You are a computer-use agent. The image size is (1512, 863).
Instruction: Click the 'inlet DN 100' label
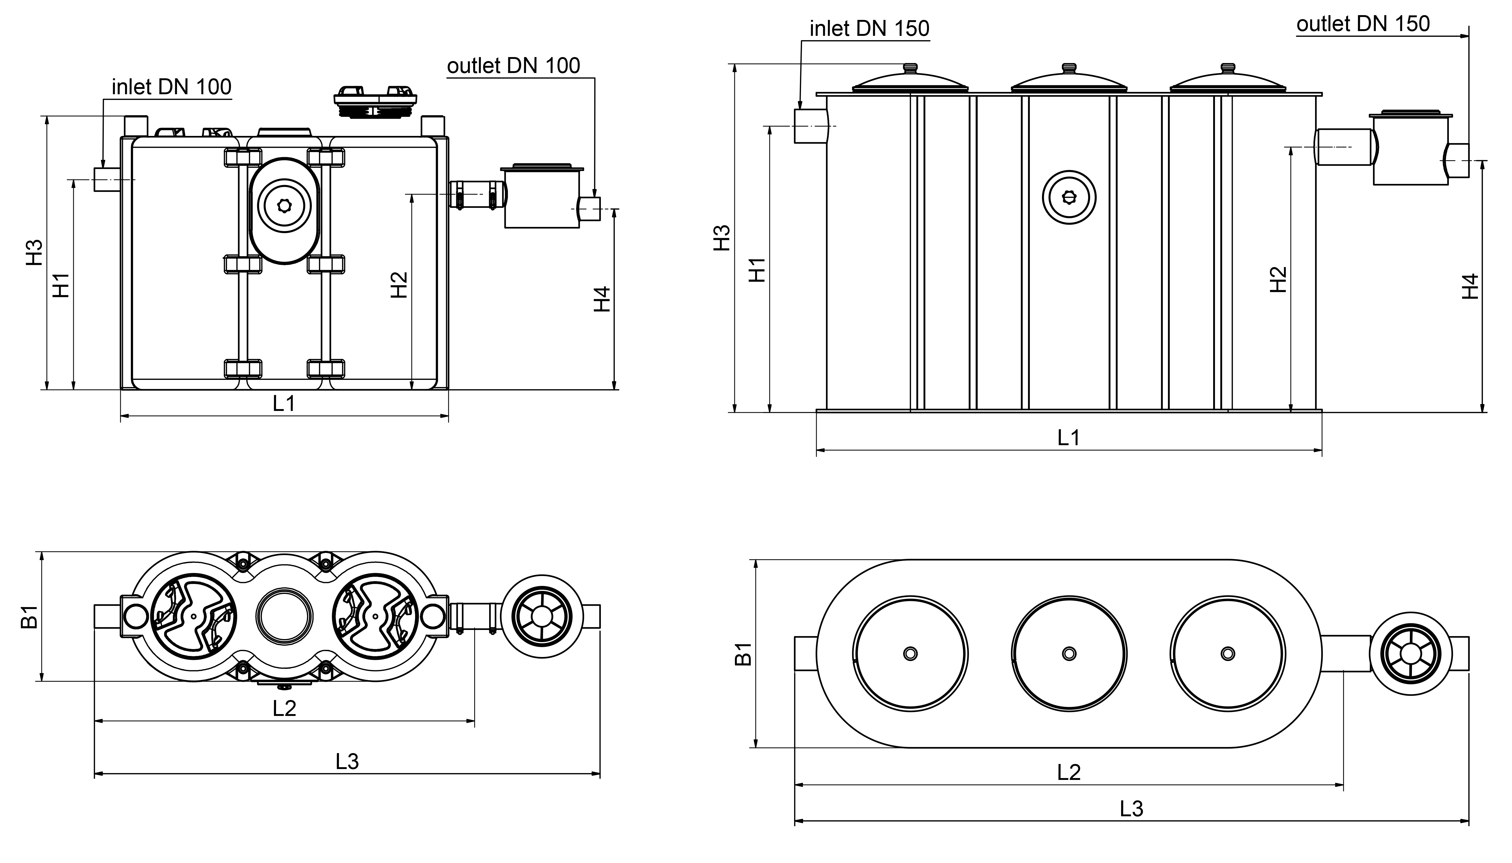[x=171, y=87]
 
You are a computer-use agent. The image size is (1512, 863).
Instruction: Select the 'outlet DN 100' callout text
[x=513, y=66]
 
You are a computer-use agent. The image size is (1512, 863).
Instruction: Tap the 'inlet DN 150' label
[x=869, y=28]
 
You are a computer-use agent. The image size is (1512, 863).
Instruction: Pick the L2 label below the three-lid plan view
[x=1069, y=772]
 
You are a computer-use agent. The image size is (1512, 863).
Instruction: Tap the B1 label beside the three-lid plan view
[x=743, y=654]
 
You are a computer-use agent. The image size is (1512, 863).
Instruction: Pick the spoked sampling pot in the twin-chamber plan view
[x=541, y=616]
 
